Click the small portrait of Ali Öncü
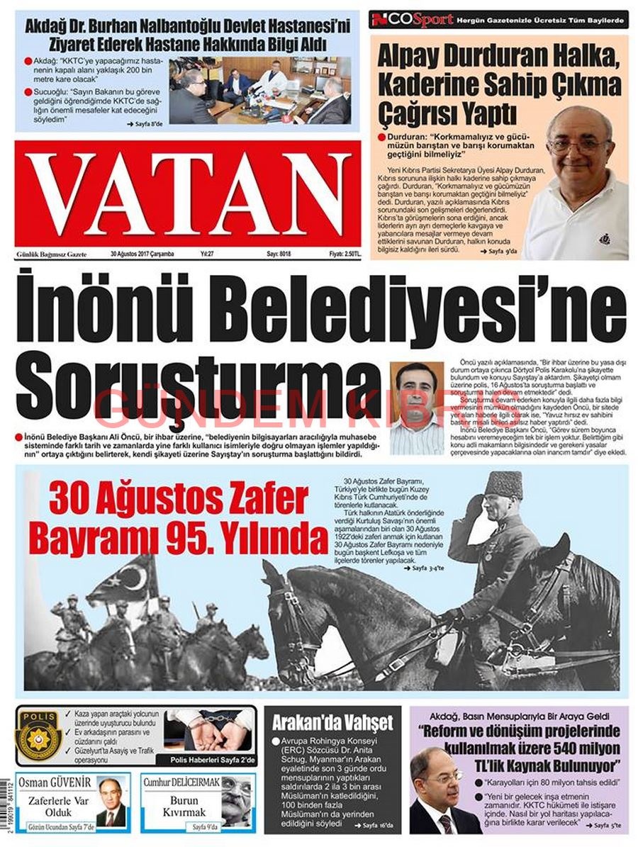point(417,408)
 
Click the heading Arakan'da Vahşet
point(332,723)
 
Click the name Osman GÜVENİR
point(55,783)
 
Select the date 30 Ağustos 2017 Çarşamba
point(142,254)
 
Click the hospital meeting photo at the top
point(259,90)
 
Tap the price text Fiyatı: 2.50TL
point(345,254)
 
